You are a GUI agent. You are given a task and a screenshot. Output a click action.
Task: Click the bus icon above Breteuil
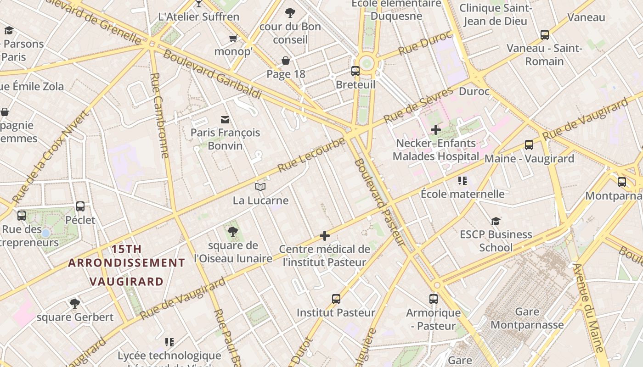(355, 71)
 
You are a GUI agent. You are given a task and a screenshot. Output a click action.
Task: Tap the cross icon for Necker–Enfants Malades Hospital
(435, 130)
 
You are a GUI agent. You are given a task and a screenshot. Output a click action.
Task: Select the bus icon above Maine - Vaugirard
(529, 145)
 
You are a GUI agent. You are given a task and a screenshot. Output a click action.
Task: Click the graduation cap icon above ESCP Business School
(496, 222)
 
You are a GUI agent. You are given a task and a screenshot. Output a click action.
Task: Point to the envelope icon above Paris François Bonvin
(225, 120)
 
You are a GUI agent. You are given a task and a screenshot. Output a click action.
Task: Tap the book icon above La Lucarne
(260, 187)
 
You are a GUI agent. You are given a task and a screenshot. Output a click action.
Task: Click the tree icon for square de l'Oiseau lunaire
(233, 231)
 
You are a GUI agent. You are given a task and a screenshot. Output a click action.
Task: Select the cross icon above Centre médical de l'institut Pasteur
(325, 236)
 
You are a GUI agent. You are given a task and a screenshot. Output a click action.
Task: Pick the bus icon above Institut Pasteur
(336, 299)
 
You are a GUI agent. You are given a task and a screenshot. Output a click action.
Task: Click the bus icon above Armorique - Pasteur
(434, 299)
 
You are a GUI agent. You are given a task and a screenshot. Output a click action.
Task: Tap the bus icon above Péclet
(80, 206)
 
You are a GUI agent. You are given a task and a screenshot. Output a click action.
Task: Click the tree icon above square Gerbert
(74, 303)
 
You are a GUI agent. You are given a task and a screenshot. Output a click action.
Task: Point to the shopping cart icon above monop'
(233, 38)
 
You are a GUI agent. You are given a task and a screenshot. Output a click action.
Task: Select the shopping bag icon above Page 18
(286, 61)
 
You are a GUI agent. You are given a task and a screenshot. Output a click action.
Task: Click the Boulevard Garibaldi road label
(212, 74)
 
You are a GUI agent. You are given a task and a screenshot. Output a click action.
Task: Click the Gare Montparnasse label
(527, 318)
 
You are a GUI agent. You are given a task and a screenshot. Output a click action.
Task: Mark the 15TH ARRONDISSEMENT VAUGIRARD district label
(126, 265)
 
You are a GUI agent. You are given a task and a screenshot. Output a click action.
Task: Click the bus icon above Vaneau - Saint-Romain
(545, 34)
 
